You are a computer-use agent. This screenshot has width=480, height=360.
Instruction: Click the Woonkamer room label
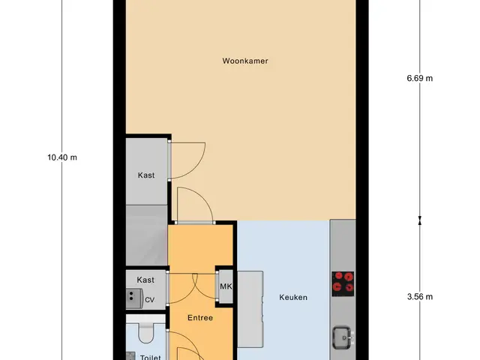pyautogui.click(x=245, y=61)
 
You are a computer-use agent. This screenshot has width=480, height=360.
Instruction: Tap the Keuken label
pyautogui.click(x=293, y=297)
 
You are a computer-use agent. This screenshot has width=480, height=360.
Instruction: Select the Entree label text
pyautogui.click(x=200, y=318)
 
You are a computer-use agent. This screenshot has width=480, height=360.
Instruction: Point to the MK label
pyautogui.click(x=226, y=286)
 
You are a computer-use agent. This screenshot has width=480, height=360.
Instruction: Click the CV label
pyautogui.click(x=149, y=300)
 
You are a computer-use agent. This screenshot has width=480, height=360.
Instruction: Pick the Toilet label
pyautogui.click(x=150, y=357)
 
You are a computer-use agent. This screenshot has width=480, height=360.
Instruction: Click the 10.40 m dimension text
pyautogui.click(x=62, y=157)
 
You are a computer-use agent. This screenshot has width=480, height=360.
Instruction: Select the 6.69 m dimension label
pyautogui.click(x=420, y=78)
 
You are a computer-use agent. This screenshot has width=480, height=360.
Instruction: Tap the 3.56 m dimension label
pyautogui.click(x=420, y=297)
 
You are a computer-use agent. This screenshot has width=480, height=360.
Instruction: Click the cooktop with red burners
pyautogui.click(x=343, y=283)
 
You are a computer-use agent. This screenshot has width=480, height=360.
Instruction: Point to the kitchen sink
pyautogui.click(x=342, y=337)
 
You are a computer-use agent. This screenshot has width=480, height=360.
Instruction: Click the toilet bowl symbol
pyautogui.click(x=146, y=333)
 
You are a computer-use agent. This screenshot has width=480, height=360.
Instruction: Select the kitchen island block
pyautogui.click(x=250, y=309)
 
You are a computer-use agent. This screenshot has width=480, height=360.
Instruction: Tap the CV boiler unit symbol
pyautogui.click(x=134, y=298)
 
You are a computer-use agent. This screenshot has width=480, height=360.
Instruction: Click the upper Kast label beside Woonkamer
pyautogui.click(x=146, y=175)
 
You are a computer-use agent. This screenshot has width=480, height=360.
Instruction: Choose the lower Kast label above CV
pyautogui.click(x=145, y=280)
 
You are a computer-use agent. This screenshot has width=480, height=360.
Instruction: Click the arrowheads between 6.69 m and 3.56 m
pyautogui.click(x=420, y=220)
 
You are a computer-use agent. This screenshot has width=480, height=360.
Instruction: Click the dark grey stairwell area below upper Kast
pyautogui.click(x=147, y=235)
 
